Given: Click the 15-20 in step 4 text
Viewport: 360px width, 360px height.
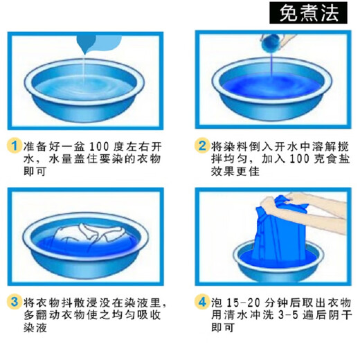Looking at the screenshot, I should (x=243, y=303).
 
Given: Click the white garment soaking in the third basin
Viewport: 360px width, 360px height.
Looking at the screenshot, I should (x=83, y=235).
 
